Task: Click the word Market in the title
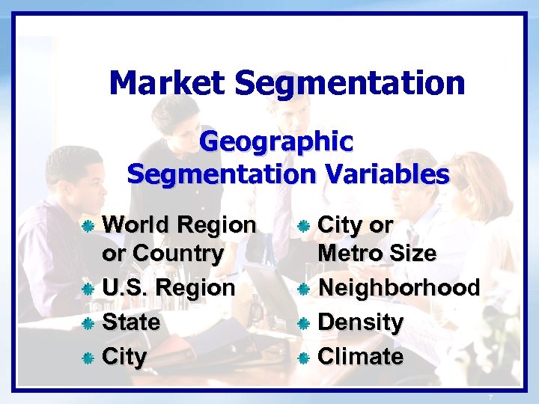[167, 83]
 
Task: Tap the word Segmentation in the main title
[350, 83]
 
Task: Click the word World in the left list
[138, 224]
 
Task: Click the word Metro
[349, 254]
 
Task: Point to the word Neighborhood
[398, 287]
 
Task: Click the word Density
[361, 322]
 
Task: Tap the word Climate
[361, 357]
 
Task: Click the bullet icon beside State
[88, 324]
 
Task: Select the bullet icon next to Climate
[304, 358]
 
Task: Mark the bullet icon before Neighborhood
[304, 289]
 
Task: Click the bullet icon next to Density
[304, 324]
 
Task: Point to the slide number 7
[490, 397]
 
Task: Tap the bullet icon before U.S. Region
[88, 289]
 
